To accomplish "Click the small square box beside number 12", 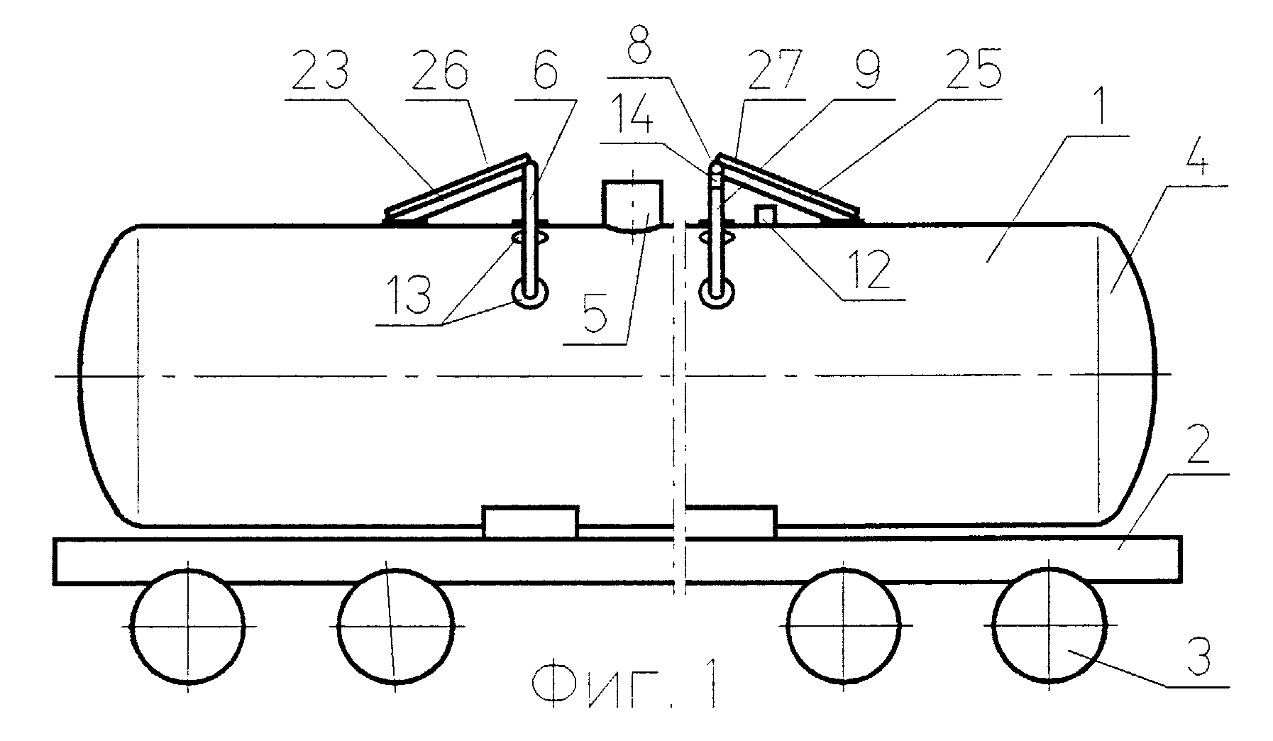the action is coord(764,215).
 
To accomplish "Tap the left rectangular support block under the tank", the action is coord(530,522).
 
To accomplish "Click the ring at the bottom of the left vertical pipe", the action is coord(530,293).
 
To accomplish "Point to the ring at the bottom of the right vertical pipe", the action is coord(717,293).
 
